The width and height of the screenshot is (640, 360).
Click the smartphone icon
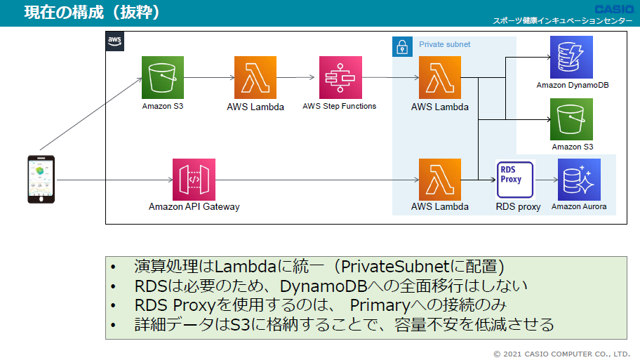click(x=41, y=179)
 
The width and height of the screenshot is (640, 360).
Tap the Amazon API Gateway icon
click(x=194, y=180)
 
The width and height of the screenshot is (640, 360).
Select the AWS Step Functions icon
click(x=340, y=78)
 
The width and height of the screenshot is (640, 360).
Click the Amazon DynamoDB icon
click(x=571, y=57)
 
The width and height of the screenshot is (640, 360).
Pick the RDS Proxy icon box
click(x=515, y=180)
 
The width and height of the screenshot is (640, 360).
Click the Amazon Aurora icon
click(x=579, y=180)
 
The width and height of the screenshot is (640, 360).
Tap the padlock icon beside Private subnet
click(x=402, y=46)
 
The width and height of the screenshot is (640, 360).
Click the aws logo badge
click(x=114, y=41)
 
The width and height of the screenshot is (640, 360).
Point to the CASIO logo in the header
click(x=614, y=9)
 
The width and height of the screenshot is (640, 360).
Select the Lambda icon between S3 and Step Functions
click(x=255, y=78)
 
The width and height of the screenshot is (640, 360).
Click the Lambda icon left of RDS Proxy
click(x=440, y=180)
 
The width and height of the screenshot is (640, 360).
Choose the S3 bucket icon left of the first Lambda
click(x=163, y=78)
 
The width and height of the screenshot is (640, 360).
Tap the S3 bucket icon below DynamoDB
click(x=571, y=119)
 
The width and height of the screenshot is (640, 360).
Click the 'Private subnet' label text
click(x=444, y=44)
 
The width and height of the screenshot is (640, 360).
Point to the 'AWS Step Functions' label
click(x=339, y=106)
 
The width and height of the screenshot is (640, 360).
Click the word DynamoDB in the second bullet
click(x=324, y=286)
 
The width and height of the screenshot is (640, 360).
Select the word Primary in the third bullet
click(x=380, y=305)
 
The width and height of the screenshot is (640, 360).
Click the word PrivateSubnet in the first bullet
click(x=395, y=267)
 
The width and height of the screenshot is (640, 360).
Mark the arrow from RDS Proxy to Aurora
click(x=547, y=180)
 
